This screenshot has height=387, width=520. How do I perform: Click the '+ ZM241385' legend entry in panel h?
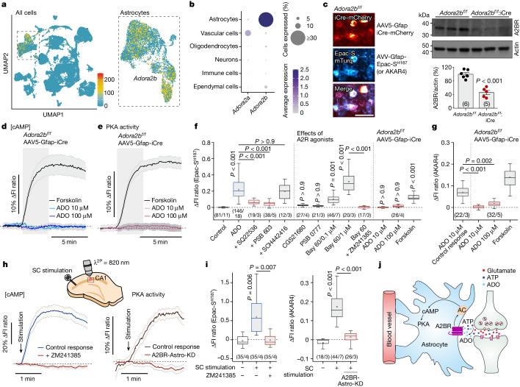[x=68, y=358]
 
